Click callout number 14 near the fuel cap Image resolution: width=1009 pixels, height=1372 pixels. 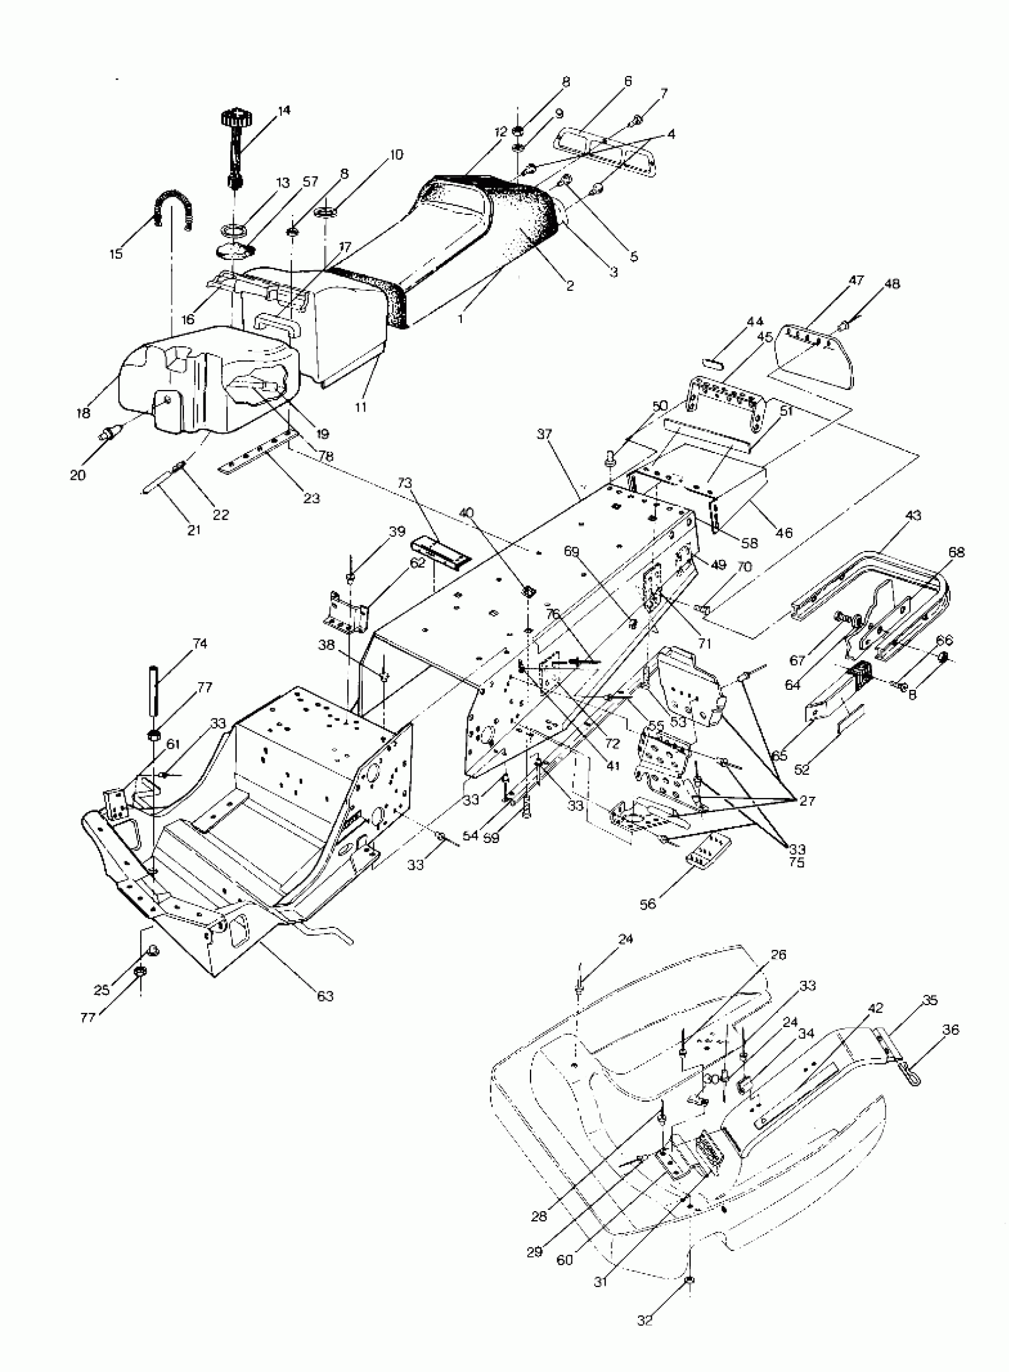coord(284,110)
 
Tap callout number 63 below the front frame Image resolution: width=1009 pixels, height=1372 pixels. coord(325,996)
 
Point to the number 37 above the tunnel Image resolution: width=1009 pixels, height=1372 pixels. coord(544,435)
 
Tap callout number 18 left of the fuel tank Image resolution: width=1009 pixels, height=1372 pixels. coord(84,413)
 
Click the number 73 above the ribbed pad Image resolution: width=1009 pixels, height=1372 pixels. coord(405,483)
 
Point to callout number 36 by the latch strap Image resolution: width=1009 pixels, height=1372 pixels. coord(951,1030)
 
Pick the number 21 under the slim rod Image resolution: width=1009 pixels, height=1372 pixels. coord(193,530)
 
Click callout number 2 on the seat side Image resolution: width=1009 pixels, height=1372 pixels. coord(569,286)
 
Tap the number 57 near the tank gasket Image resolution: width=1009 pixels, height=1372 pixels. coord(310,182)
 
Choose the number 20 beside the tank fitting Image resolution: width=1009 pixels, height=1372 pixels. coord(78,474)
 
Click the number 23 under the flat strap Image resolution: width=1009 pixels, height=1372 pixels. coord(312,498)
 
